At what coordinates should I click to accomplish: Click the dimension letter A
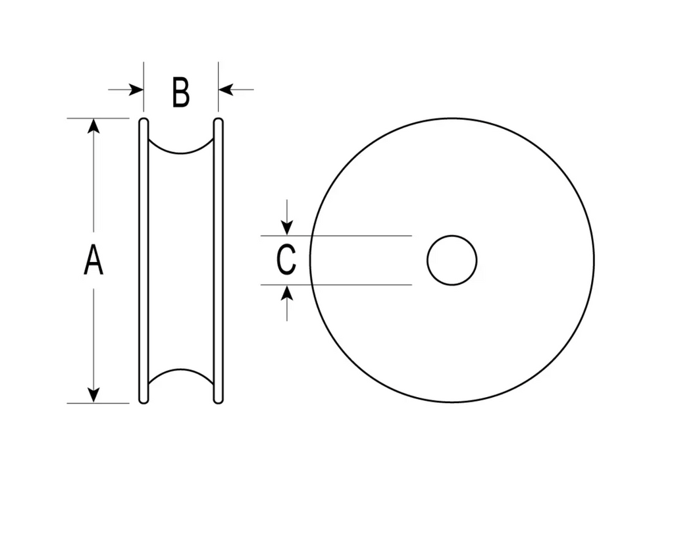[93, 259]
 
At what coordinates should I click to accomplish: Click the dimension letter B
[180, 92]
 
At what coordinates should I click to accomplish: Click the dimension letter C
[286, 259]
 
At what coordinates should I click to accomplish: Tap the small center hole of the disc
[452, 260]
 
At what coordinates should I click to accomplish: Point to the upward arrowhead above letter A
[93, 126]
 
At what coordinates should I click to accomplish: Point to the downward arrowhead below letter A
[93, 395]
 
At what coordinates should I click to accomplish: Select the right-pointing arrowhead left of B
[136, 90]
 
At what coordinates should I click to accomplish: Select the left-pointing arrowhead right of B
[226, 90]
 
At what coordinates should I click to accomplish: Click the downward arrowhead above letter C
[287, 227]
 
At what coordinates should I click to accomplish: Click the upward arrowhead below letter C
[287, 293]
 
